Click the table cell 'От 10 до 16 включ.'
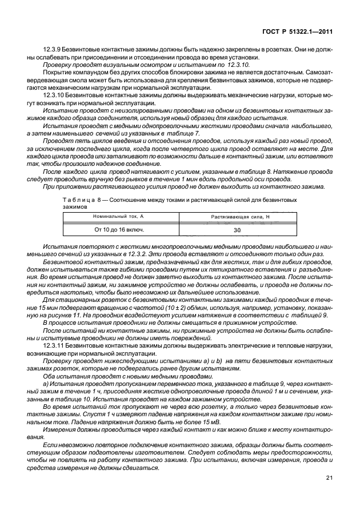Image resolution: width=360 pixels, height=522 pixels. coord(119,230)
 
